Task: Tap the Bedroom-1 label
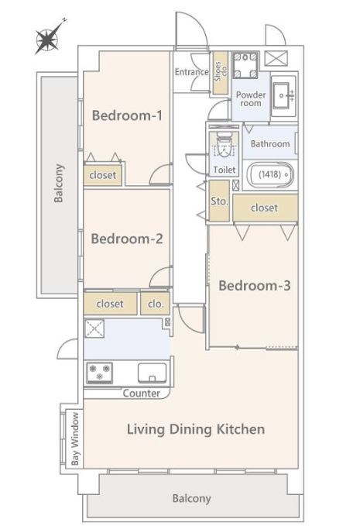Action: (127, 115)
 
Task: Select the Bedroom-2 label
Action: (127, 239)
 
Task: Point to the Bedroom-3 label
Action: (255, 286)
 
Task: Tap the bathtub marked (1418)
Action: (270, 174)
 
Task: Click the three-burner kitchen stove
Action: (99, 373)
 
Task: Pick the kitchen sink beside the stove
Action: (153, 373)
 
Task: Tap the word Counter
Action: (142, 394)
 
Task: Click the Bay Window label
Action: (75, 438)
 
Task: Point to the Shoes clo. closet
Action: (221, 73)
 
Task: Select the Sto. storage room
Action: (219, 201)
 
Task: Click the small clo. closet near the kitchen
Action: (155, 304)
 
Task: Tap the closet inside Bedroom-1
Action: (102, 175)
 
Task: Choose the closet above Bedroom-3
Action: (265, 208)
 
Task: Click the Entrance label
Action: (192, 72)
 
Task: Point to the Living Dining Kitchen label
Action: (196, 429)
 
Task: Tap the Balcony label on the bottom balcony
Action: (191, 498)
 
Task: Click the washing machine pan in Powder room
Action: (245, 65)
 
